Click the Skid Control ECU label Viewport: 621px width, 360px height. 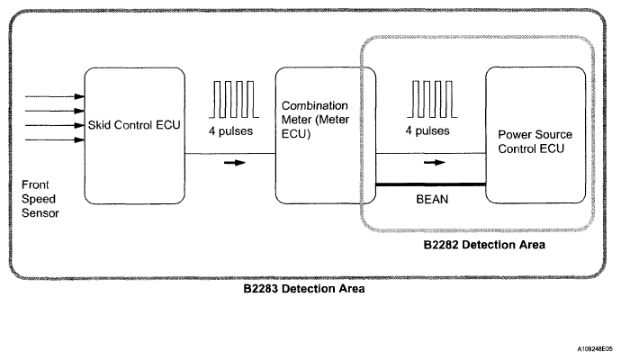click(134, 125)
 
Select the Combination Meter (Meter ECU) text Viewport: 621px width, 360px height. click(315, 120)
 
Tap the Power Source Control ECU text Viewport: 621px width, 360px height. click(535, 141)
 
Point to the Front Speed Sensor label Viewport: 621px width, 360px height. click(40, 199)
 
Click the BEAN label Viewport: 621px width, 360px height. click(432, 199)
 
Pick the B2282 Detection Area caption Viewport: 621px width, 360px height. click(484, 245)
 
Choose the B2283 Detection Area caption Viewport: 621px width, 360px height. click(304, 289)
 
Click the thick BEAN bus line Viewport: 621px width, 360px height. click(430, 184)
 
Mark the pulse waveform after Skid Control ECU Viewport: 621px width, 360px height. click(234, 99)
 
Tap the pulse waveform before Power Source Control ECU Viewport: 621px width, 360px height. click(432, 99)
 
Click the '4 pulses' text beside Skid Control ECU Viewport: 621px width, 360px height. click(231, 131)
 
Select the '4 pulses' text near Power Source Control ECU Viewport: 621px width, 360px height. click(427, 130)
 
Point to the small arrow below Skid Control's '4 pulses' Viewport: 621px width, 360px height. click(235, 162)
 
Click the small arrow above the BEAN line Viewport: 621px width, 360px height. click(435, 162)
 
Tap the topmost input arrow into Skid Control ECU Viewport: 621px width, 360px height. click(55, 96)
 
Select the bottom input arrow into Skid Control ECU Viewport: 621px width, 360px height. click(55, 139)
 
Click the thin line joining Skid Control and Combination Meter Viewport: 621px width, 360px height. click(230, 153)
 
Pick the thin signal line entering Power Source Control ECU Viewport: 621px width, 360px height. click(430, 153)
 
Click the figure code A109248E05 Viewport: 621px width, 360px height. click(595, 349)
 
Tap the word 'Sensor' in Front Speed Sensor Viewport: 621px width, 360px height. click(40, 213)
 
